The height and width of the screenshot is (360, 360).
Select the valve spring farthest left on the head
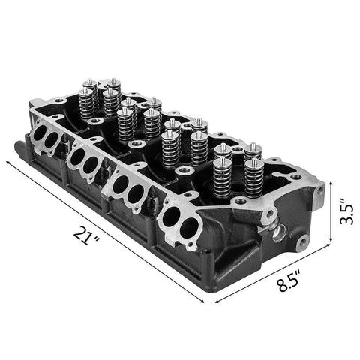pyautogui.click(x=85, y=101)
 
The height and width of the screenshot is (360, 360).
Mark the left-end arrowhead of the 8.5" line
pyautogui.click(x=213, y=299)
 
